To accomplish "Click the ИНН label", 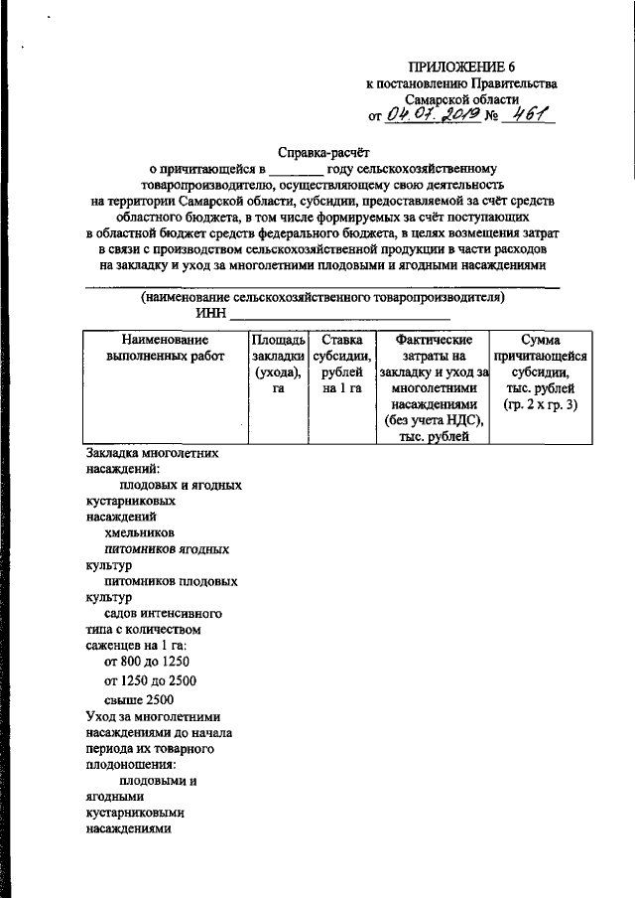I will pos(209,314).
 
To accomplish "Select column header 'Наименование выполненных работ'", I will pos(165,349).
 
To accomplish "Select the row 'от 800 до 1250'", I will pos(146,662).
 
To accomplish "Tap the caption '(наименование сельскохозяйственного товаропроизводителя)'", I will pos(323,297).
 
